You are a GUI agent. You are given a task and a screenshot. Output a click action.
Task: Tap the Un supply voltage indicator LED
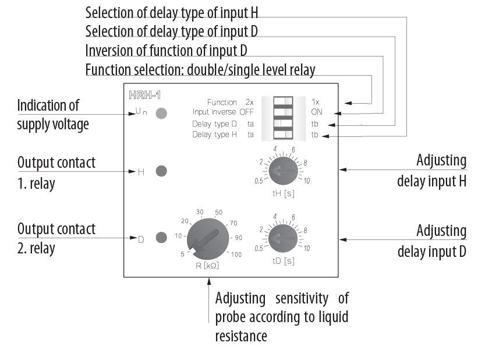(162, 113)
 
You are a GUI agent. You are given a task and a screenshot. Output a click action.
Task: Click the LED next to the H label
(162, 171)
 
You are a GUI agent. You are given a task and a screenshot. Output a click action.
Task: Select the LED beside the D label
(162, 237)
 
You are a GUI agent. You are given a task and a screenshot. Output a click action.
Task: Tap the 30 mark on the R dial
(200, 211)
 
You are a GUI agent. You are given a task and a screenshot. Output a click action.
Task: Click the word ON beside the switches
(317, 112)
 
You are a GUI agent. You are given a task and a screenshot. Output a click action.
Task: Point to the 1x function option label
(316, 102)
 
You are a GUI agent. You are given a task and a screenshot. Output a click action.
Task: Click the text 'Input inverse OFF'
(224, 112)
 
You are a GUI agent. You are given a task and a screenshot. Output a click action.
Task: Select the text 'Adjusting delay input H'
(431, 170)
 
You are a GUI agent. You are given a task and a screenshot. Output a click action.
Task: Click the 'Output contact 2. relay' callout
(56, 238)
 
